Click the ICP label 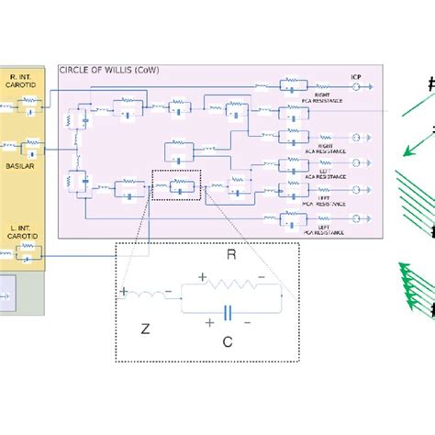click(x=357, y=76)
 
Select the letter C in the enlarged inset click(x=226, y=341)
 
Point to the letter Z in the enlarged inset click(x=143, y=328)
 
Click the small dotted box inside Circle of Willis click(x=174, y=185)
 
